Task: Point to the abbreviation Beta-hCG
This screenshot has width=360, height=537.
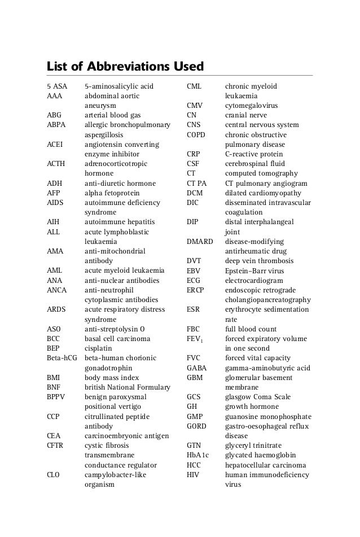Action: [x=62, y=358]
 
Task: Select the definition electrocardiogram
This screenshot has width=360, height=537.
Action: [x=254, y=280]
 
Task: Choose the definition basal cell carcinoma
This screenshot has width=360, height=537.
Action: [x=117, y=339]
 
